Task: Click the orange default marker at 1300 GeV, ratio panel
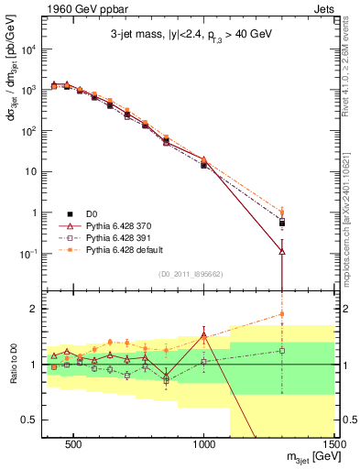point(282,314)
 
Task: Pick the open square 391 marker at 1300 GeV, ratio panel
point(282,350)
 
